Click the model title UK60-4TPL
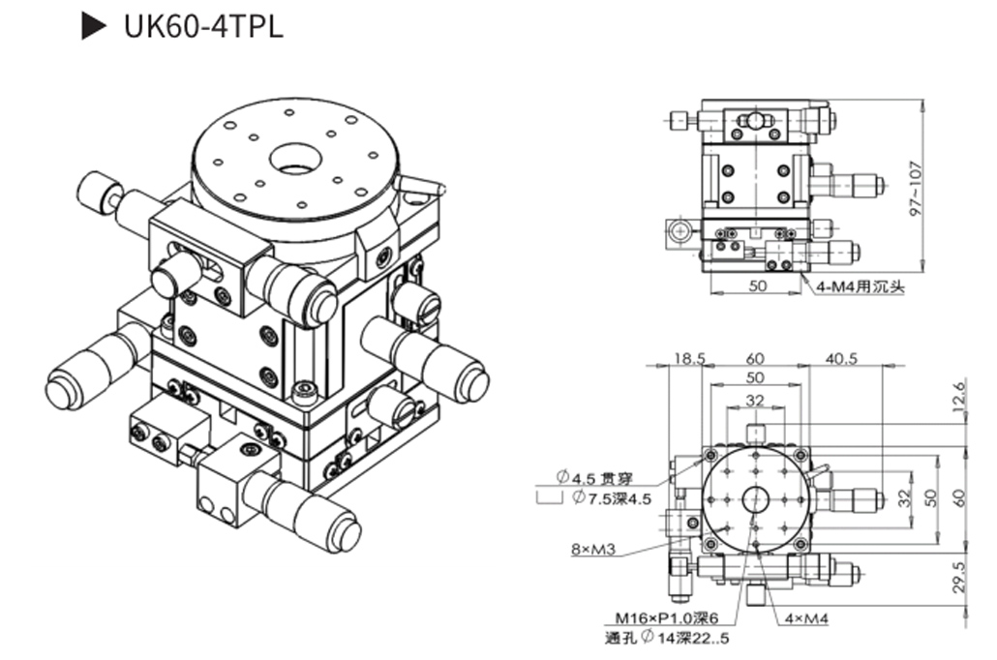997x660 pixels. [x=203, y=27]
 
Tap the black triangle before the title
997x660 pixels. [x=94, y=26]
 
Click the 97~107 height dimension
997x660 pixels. [x=916, y=189]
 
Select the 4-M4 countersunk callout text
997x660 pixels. [x=860, y=286]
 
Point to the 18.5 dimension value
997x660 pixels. [x=690, y=359]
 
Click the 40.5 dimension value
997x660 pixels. [x=841, y=359]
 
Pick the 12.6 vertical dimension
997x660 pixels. [x=960, y=396]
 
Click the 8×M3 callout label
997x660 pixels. [x=593, y=549]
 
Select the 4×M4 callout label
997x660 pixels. [x=806, y=618]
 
